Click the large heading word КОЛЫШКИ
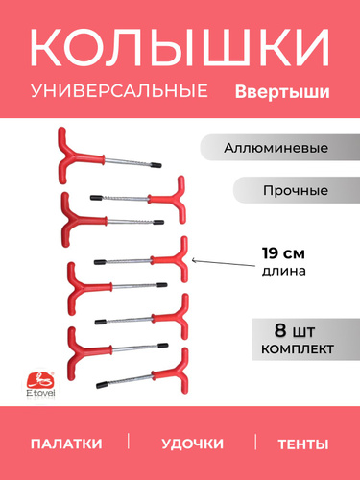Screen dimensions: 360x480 coord(180,47)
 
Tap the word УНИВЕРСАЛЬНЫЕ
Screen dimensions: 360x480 coord(119,90)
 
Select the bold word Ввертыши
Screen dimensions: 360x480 coord(282,92)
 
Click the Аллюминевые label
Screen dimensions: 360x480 coord(276,148)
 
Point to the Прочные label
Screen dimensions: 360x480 coord(296,190)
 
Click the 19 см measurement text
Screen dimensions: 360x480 coord(283,253)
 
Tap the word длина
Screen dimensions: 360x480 coord(284,271)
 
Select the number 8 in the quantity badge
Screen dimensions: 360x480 coord(280,330)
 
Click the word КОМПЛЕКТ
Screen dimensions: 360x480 coord(298,349)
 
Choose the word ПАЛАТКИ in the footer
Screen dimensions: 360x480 coord(66,444)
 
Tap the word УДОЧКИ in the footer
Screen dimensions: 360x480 coord(192,444)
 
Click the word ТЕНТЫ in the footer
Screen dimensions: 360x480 coord(303,444)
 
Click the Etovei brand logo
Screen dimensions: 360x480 coord(40,384)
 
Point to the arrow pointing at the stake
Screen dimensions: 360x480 coord(224,263)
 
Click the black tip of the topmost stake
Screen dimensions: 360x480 coord(156,165)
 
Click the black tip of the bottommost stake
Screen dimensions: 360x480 coord(102,384)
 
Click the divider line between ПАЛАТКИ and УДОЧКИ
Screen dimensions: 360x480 coord(129,441)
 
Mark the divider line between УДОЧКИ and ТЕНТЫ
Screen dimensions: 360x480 coord(255,442)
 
